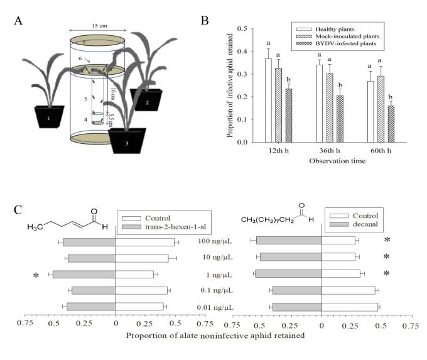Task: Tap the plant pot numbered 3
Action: point(127,140)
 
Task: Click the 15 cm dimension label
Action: point(97,25)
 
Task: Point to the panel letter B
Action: point(204,20)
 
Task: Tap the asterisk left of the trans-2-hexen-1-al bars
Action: point(36,275)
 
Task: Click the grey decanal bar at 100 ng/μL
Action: point(289,240)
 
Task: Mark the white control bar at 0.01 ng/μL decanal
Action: point(350,307)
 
